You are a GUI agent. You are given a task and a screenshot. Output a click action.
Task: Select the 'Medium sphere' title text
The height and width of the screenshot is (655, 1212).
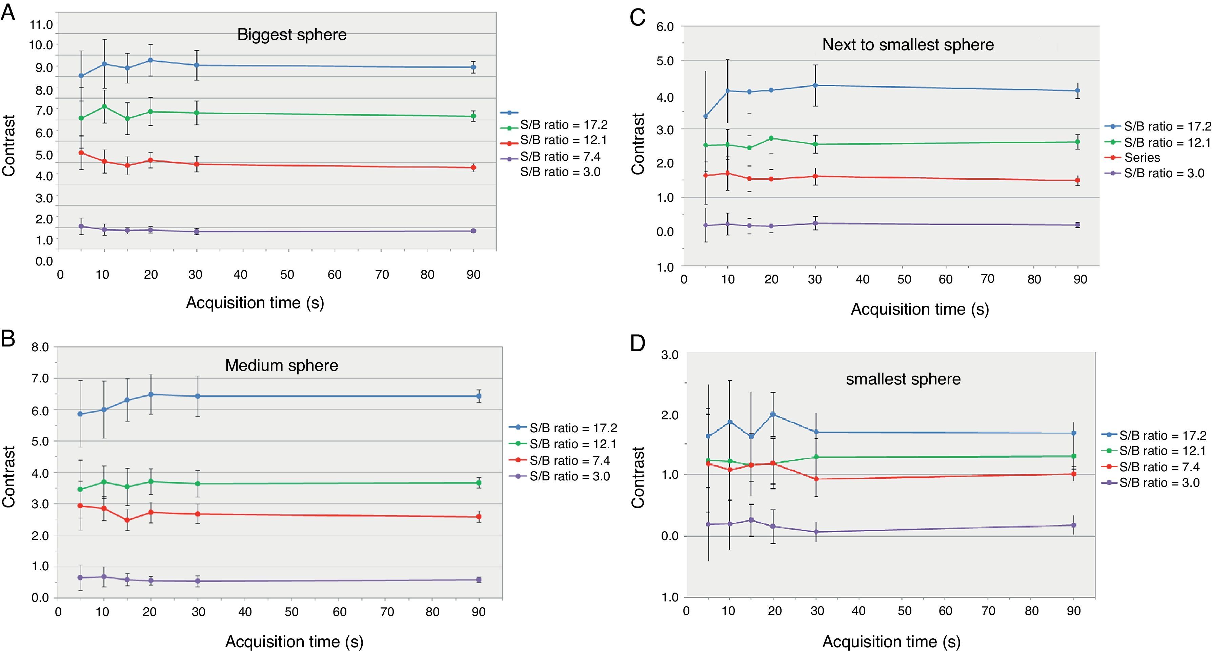click(x=281, y=365)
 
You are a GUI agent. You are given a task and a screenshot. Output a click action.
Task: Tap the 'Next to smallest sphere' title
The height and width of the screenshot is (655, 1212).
click(x=908, y=45)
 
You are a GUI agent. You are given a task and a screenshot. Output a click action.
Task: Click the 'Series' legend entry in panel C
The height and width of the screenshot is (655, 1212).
click(x=1142, y=158)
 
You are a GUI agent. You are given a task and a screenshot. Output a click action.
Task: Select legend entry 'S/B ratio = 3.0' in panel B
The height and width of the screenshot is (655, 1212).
click(x=569, y=476)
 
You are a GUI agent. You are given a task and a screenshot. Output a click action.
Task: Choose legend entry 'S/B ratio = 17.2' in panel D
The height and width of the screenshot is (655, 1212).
click(x=1163, y=435)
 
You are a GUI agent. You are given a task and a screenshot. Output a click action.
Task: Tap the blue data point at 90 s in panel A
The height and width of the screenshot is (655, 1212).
click(x=473, y=67)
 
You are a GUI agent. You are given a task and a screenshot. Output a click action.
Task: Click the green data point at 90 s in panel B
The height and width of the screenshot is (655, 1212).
click(x=479, y=483)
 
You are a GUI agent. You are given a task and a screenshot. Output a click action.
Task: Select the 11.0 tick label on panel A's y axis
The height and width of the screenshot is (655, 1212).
click(x=41, y=24)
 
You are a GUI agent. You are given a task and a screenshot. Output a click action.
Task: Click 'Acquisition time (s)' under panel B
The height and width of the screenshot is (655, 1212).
click(x=294, y=641)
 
